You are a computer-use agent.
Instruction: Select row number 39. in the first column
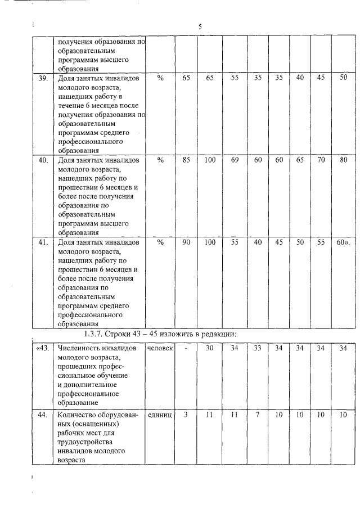[42, 78]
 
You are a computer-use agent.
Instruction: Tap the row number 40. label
[42, 160]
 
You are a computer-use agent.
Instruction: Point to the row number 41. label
[42, 242]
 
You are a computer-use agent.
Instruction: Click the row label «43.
[42, 348]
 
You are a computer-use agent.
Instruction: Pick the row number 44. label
[42, 415]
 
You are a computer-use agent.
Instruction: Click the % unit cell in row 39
[160, 78]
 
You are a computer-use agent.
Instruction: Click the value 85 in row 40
[186, 160]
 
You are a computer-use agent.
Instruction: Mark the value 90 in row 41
[186, 242]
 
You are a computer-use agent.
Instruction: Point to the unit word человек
[160, 348]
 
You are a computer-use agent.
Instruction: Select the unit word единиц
[160, 415]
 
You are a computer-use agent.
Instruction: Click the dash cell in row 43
[186, 348]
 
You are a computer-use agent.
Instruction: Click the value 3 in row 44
[186, 415]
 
